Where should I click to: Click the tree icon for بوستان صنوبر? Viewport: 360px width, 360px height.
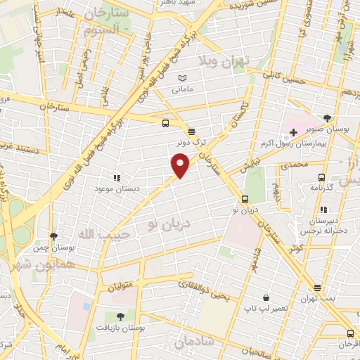pyautogui.click(x=327, y=118)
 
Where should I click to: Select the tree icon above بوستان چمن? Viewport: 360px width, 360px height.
pyautogui.click(x=53, y=236)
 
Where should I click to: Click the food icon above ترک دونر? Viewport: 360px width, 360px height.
pyautogui.click(x=191, y=131)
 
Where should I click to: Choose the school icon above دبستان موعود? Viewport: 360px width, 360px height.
pyautogui.click(x=117, y=178)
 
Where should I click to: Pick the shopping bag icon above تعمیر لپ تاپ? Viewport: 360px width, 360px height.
pyautogui.click(x=265, y=297)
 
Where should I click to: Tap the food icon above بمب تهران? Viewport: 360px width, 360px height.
pyautogui.click(x=318, y=287)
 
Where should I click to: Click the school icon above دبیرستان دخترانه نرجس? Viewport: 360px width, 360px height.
pyautogui.click(x=323, y=210)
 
